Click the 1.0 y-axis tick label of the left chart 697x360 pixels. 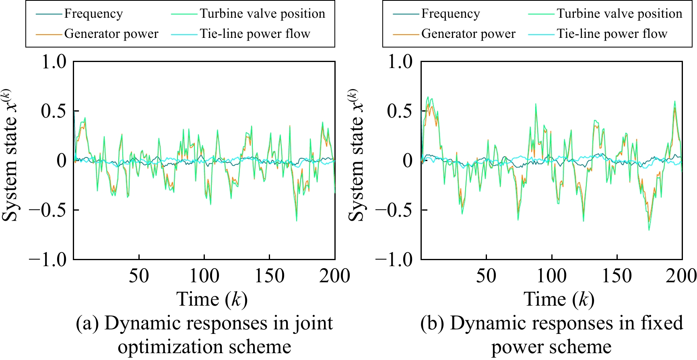tap(54, 62)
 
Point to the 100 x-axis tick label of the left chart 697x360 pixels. tap(204, 276)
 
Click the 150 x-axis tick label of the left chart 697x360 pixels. tap(269, 276)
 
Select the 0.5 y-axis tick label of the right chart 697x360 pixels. tap(400, 111)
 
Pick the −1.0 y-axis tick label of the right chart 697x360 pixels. tap(394, 259)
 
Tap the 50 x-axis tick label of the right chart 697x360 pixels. tap(486, 276)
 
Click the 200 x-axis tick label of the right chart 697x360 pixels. tap(681, 276)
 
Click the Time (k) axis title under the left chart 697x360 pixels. tap(212, 300)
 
